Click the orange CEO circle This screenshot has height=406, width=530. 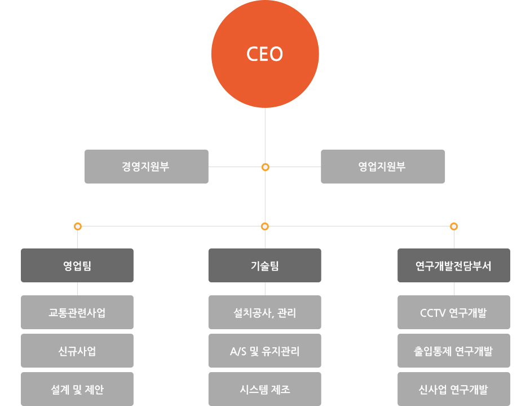[x=265, y=54]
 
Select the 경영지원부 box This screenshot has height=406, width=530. [x=146, y=167]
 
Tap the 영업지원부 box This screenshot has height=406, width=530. [x=382, y=167]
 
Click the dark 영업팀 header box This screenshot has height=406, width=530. [x=77, y=265]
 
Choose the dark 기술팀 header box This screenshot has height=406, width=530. [x=264, y=265]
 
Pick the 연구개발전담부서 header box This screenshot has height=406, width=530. [x=453, y=265]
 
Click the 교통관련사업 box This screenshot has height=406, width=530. [x=77, y=312]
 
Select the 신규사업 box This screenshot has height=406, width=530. [x=77, y=351]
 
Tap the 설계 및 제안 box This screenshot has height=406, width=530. [x=77, y=389]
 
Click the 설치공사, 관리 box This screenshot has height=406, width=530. [x=264, y=312]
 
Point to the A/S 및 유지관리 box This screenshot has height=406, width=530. [x=264, y=351]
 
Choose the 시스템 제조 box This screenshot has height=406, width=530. [x=264, y=389]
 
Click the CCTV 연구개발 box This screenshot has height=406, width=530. [x=453, y=312]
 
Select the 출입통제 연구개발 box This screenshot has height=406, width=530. [x=453, y=351]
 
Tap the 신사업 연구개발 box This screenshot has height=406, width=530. [x=453, y=389]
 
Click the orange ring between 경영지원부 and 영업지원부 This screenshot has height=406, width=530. [x=265, y=167]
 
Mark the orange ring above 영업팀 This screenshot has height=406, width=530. [x=78, y=226]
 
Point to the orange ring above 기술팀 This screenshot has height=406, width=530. [x=265, y=226]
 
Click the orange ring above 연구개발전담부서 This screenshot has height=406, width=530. [x=454, y=226]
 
